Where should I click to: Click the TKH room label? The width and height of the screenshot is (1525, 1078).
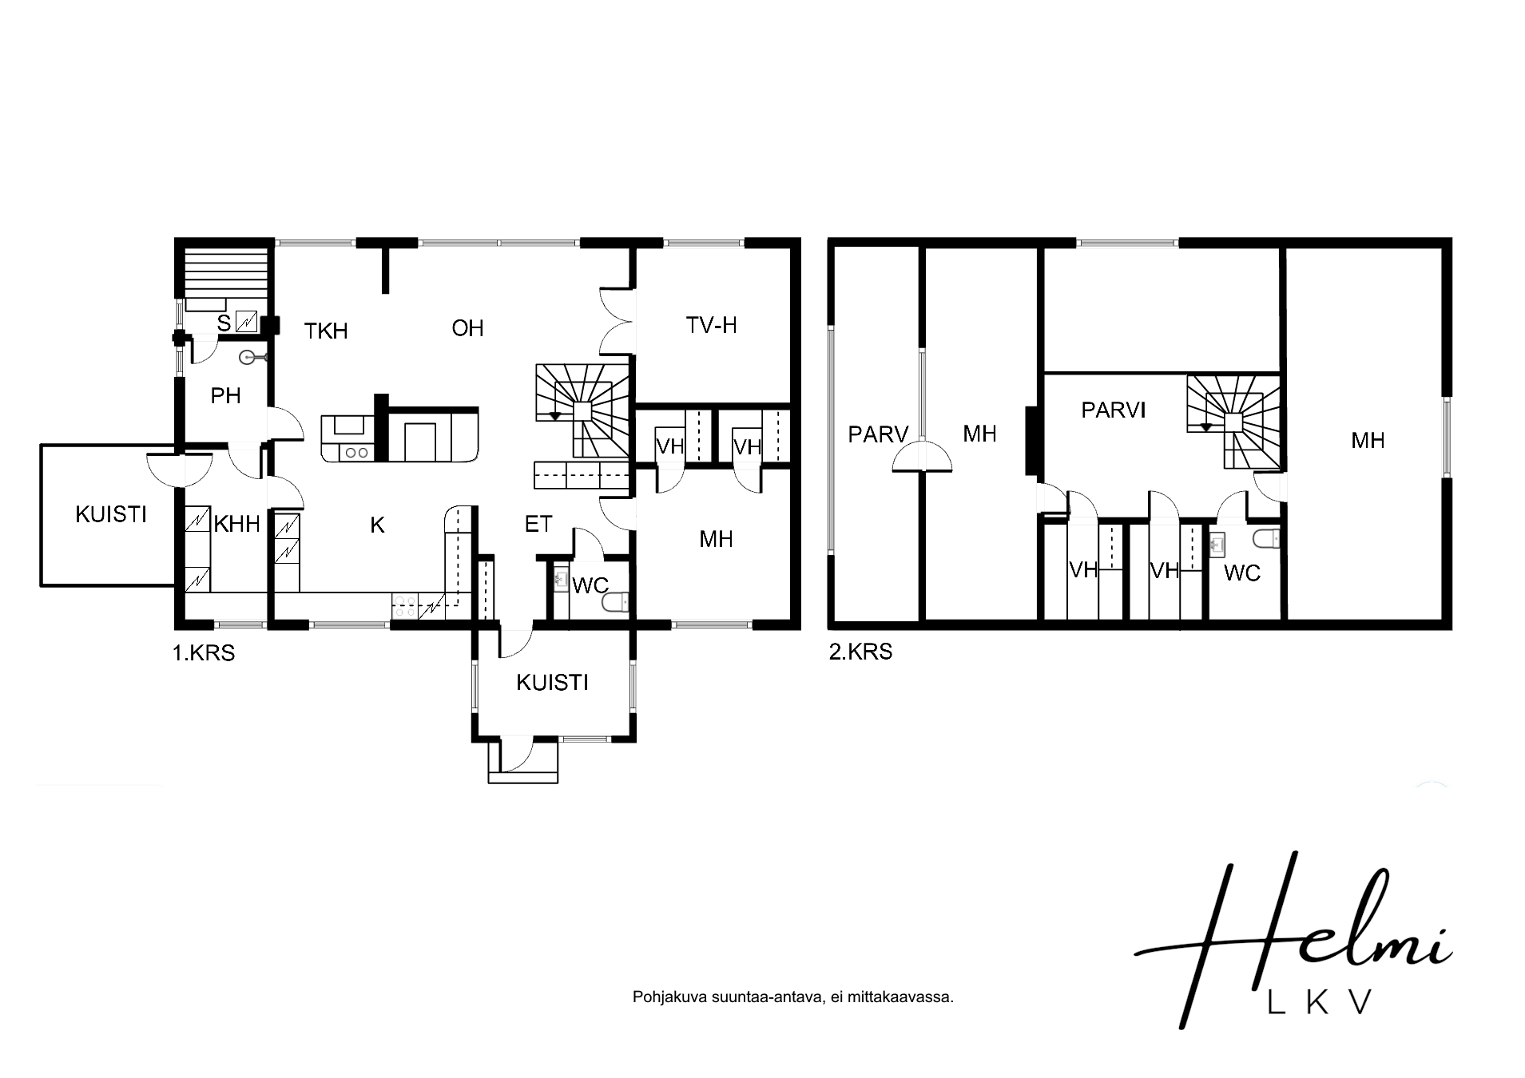(x=326, y=331)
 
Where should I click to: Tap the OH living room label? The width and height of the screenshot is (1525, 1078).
(x=467, y=328)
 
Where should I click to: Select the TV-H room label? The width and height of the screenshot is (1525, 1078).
(x=711, y=325)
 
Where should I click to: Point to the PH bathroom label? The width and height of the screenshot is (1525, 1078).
(x=226, y=395)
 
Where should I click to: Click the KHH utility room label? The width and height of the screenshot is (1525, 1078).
(x=237, y=524)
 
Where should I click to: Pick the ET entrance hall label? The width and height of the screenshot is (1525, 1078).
(x=538, y=524)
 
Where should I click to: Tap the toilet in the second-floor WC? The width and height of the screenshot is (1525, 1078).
(x=1266, y=540)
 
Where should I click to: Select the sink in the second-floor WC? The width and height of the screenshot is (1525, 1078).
(x=1218, y=544)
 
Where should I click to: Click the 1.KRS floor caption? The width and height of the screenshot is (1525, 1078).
(x=204, y=653)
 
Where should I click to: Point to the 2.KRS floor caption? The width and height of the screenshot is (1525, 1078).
(x=860, y=652)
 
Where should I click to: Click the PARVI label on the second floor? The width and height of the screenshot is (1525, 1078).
(x=1113, y=410)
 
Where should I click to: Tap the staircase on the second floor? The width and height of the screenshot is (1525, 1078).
(x=1234, y=422)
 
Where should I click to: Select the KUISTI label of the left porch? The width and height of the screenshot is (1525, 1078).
(x=111, y=514)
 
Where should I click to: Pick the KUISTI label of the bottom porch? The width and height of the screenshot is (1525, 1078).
(x=552, y=683)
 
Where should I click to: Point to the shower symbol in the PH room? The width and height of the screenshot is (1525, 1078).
(x=252, y=359)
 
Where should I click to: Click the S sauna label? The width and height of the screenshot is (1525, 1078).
(x=224, y=323)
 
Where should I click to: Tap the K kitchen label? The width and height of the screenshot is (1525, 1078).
(x=378, y=525)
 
